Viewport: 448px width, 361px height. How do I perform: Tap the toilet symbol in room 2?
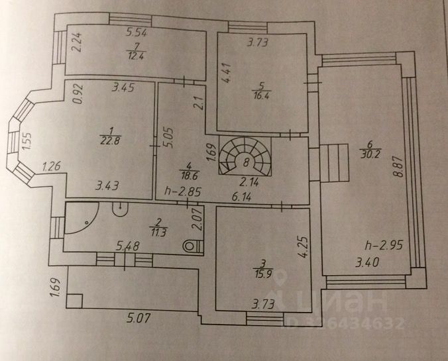click(194, 245)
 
